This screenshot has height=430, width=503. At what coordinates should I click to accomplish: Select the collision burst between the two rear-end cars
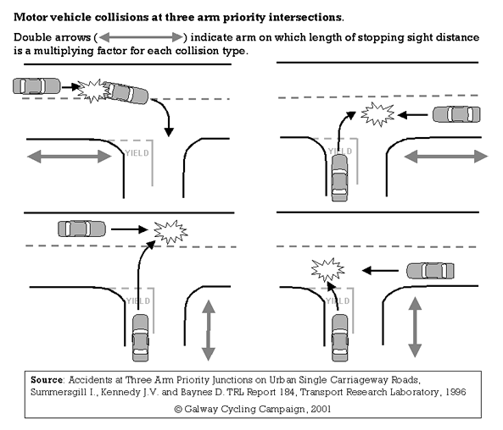point(87,88)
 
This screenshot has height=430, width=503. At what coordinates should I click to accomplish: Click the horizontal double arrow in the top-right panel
point(445,156)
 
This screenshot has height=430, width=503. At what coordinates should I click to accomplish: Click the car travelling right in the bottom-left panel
point(81,228)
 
